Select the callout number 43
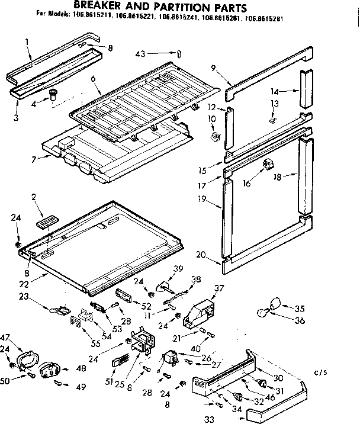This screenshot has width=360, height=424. (x=140, y=53)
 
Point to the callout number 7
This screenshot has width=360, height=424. (x=34, y=159)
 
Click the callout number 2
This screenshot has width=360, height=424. (x=34, y=197)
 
